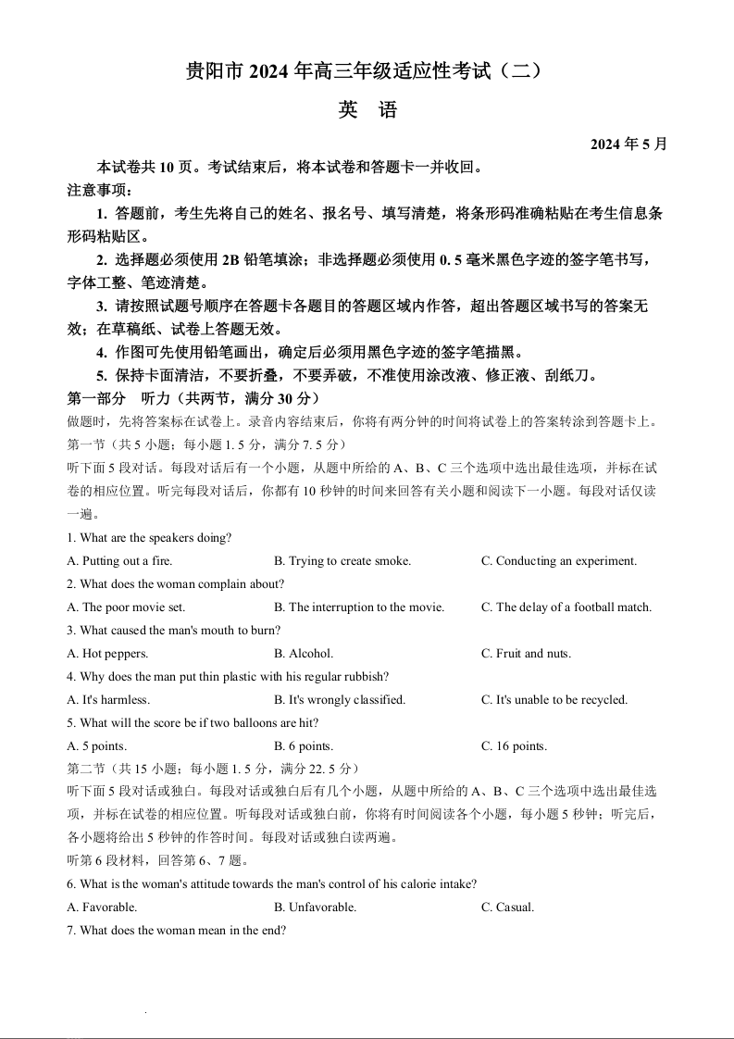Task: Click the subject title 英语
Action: click(367, 110)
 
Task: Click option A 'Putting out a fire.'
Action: click(120, 561)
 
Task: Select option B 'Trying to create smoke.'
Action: click(342, 561)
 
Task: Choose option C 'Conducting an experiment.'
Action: click(559, 561)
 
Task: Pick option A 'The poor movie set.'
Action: click(127, 607)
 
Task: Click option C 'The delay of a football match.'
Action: click(566, 607)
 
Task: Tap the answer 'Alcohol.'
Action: click(304, 654)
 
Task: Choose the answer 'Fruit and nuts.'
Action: click(526, 654)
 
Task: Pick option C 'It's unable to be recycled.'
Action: click(554, 700)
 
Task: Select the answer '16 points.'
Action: click(514, 746)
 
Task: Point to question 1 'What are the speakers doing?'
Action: click(149, 538)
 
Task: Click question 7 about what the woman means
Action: click(176, 931)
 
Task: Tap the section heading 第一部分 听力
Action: click(193, 398)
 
